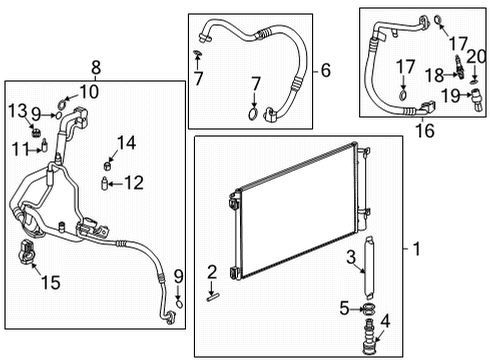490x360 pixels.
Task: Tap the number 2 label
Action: pos(212,271)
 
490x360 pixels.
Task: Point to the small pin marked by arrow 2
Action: pos(214,294)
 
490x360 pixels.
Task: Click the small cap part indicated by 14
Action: pos(107,162)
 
